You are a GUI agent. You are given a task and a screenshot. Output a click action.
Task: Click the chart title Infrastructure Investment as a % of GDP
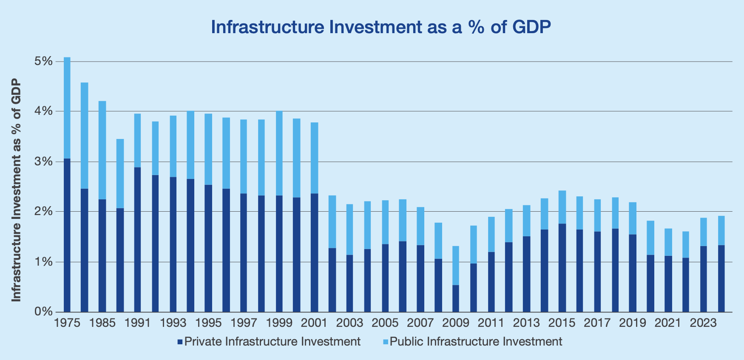pos(381,27)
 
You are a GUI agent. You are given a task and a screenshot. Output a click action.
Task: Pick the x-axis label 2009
pos(455,323)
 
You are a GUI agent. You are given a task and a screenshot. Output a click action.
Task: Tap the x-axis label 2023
pos(703,323)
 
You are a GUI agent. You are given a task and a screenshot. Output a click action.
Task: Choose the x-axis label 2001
pos(314,323)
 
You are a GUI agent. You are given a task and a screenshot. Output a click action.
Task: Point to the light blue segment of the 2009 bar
pos(455,266)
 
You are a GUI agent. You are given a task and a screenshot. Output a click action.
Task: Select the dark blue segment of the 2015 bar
pos(562,268)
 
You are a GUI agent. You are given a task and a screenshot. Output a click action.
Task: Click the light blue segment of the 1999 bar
pos(279,153)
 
